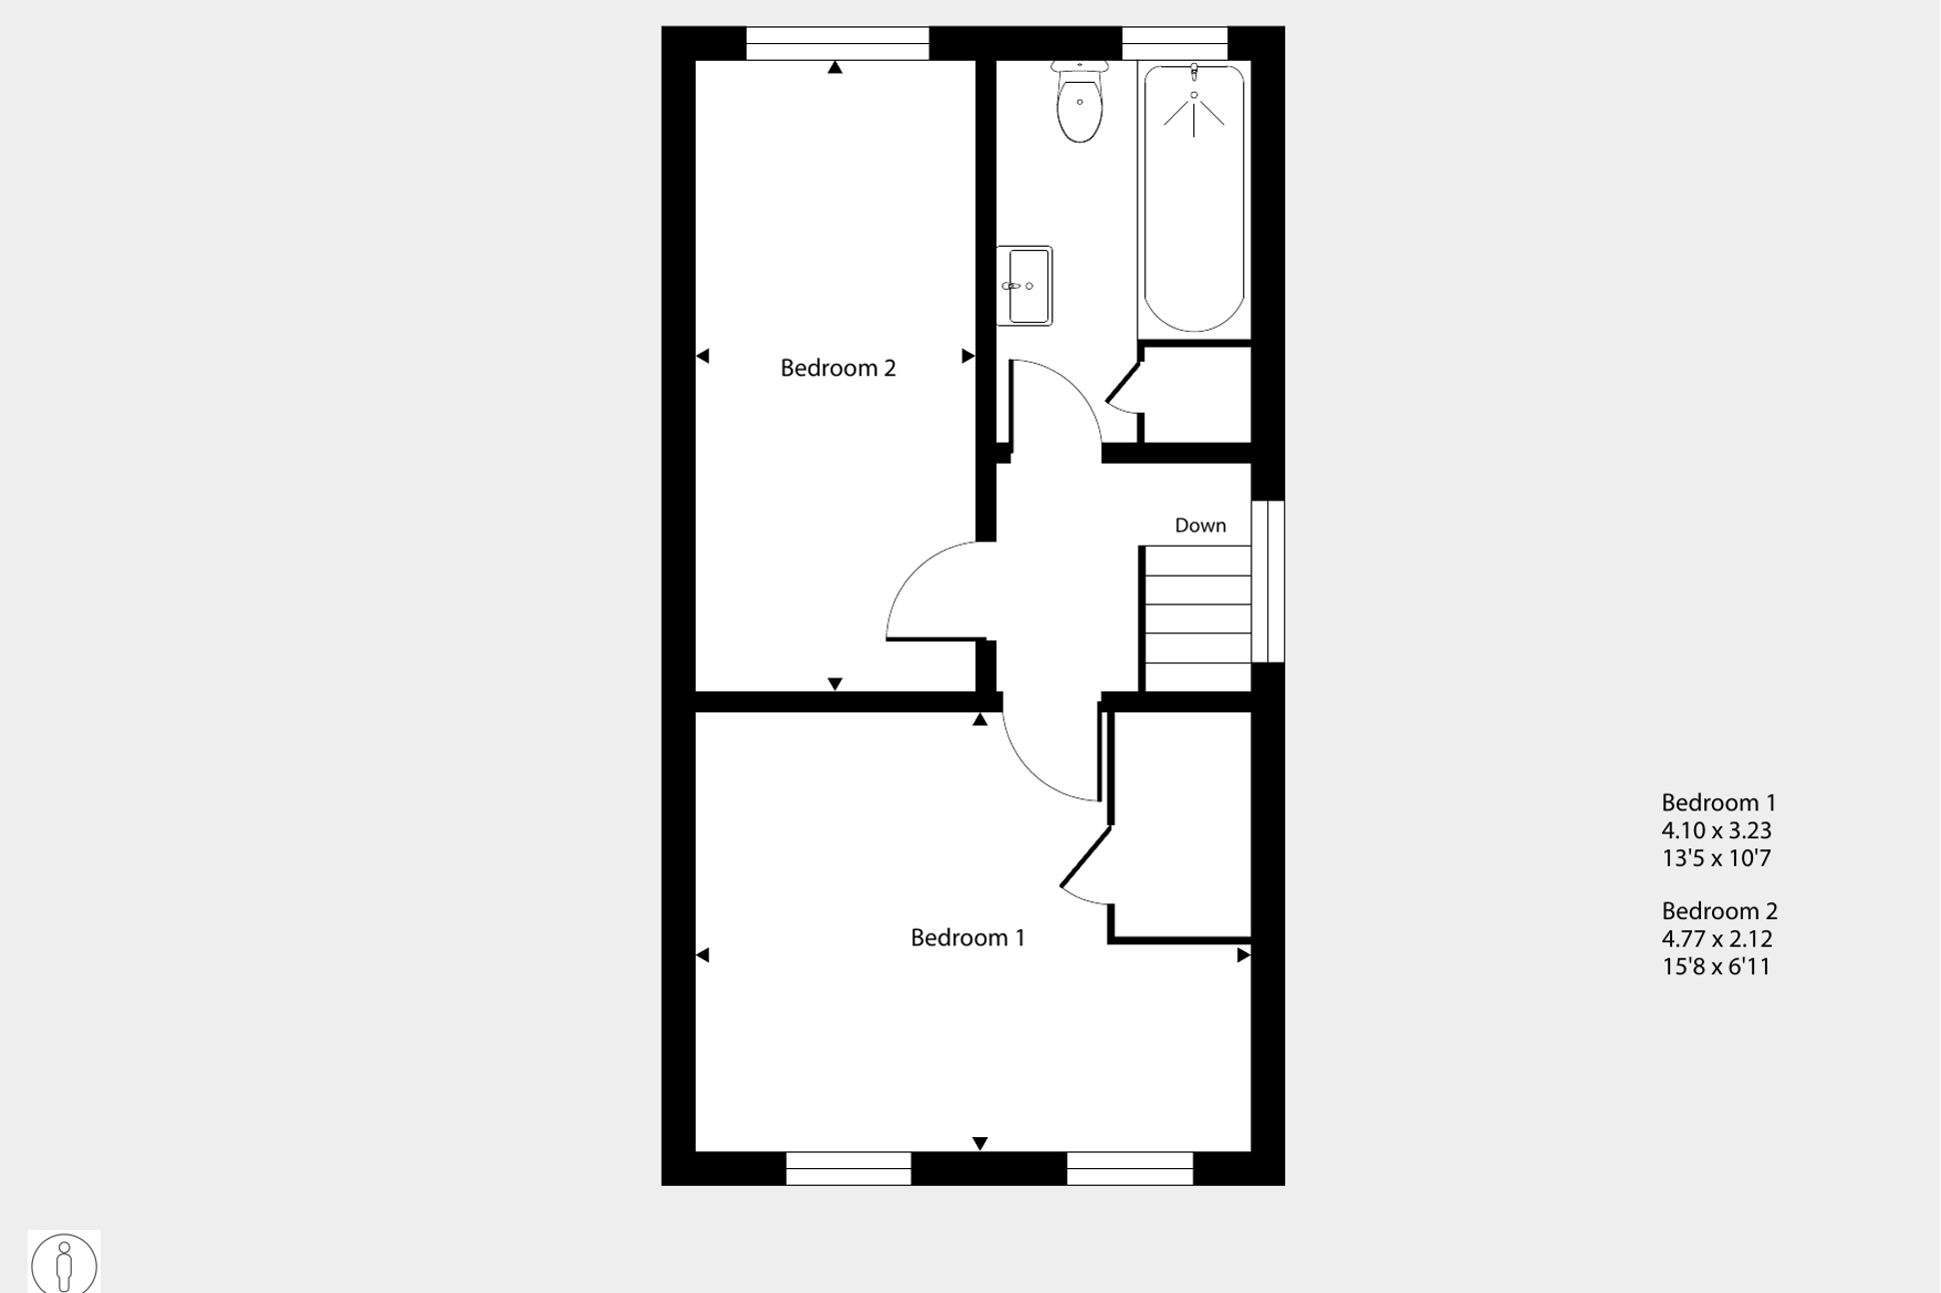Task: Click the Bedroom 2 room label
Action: coord(838,368)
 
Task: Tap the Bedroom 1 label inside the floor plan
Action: coord(968,937)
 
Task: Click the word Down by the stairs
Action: coord(1200,525)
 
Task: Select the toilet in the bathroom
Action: coord(1079,101)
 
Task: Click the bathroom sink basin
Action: coord(1024,286)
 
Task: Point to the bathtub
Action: coord(1193,198)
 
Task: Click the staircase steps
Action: coord(1197,618)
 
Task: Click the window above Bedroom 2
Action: coord(838,43)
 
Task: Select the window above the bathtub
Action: coord(1174,43)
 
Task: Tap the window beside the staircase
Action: coord(1267,582)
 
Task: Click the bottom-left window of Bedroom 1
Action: coord(849,1168)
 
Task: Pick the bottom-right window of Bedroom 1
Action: coord(1129,1168)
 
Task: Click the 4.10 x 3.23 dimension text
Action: coord(1716,830)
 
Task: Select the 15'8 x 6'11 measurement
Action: coord(1716,966)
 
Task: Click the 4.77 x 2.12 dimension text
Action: coord(1717,938)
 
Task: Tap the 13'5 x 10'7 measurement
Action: coord(1716,857)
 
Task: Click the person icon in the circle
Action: coord(64,1265)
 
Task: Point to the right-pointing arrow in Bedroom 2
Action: coord(968,356)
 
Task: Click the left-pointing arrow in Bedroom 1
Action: coord(703,955)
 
